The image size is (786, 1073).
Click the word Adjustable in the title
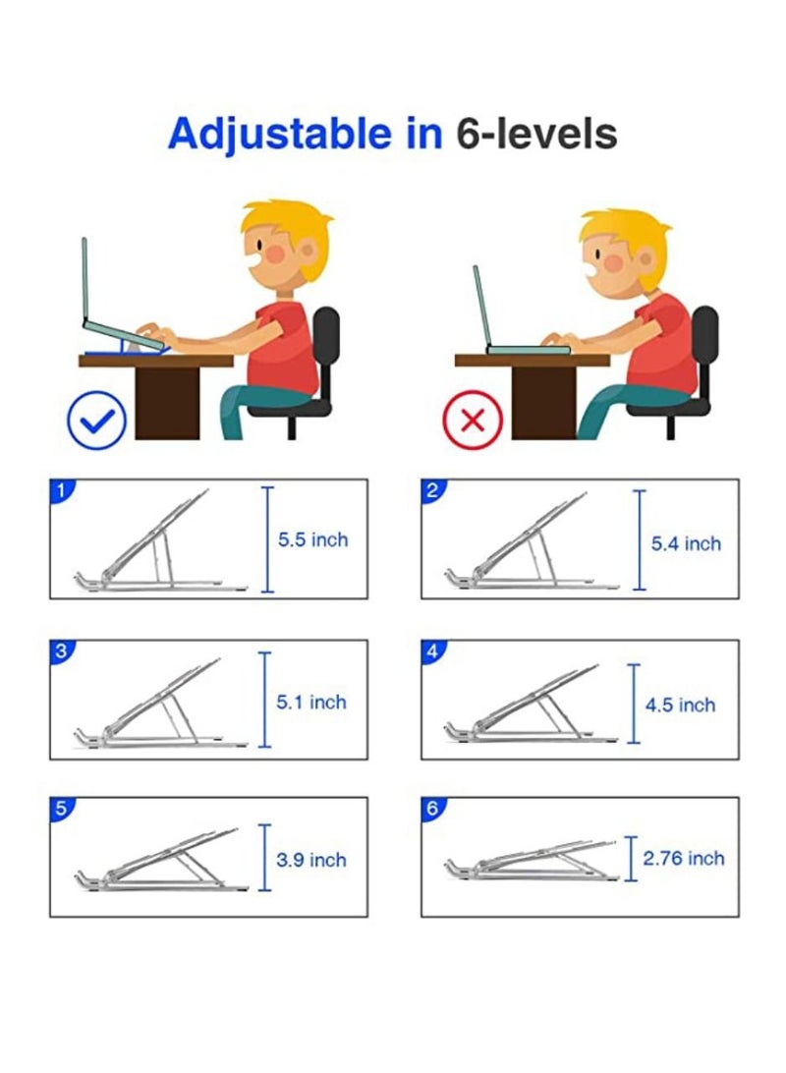[x=279, y=134]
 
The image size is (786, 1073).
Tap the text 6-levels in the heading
[x=536, y=134]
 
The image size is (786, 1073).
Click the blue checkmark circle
[x=96, y=420]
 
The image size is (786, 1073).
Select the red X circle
[x=472, y=421]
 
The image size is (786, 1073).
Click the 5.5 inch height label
[x=312, y=540]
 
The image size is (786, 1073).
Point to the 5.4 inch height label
[x=686, y=543]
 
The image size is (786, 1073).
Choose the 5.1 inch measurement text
[x=311, y=702]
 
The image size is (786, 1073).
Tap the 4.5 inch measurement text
[x=680, y=705]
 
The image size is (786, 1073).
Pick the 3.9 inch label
[x=311, y=860]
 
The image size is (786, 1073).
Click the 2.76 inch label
[x=684, y=858]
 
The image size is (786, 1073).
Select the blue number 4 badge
[x=431, y=649]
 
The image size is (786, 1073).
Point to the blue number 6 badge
[x=431, y=808]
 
